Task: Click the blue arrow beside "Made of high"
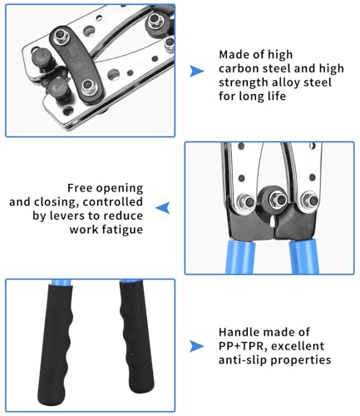coord(196,72)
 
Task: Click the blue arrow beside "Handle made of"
coord(196,344)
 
